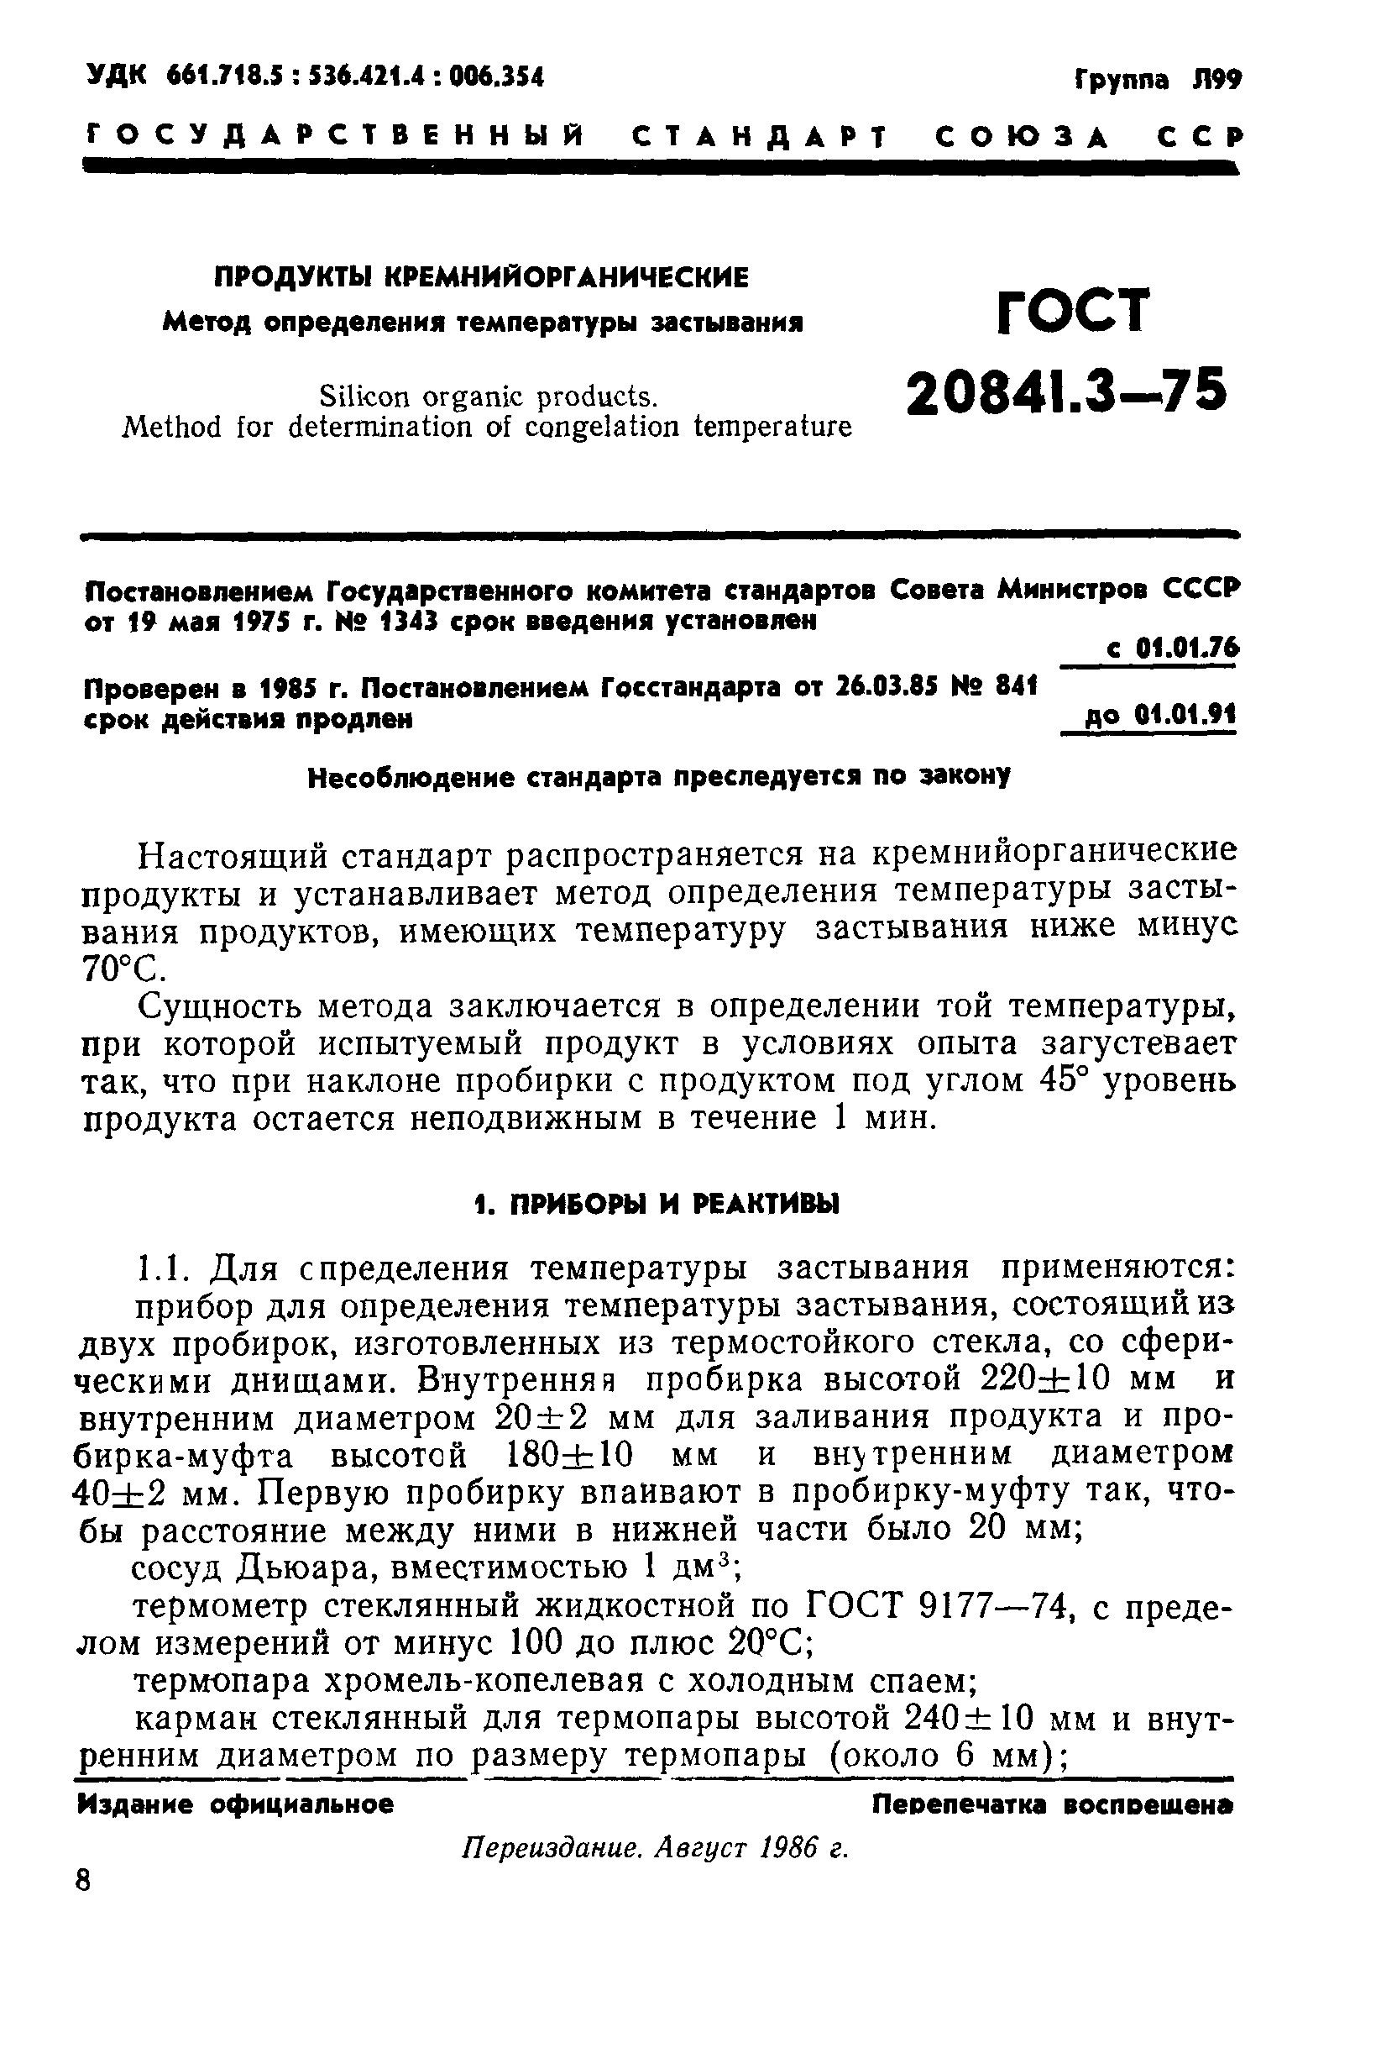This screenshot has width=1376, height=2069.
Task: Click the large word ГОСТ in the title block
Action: point(1073,311)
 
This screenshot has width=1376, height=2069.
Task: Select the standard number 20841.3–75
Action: point(1065,391)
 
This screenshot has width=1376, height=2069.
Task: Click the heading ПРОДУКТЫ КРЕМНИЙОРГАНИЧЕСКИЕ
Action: point(482,278)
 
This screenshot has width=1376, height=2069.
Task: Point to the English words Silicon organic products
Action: point(488,396)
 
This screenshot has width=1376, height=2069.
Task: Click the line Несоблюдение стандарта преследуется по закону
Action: point(658,777)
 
